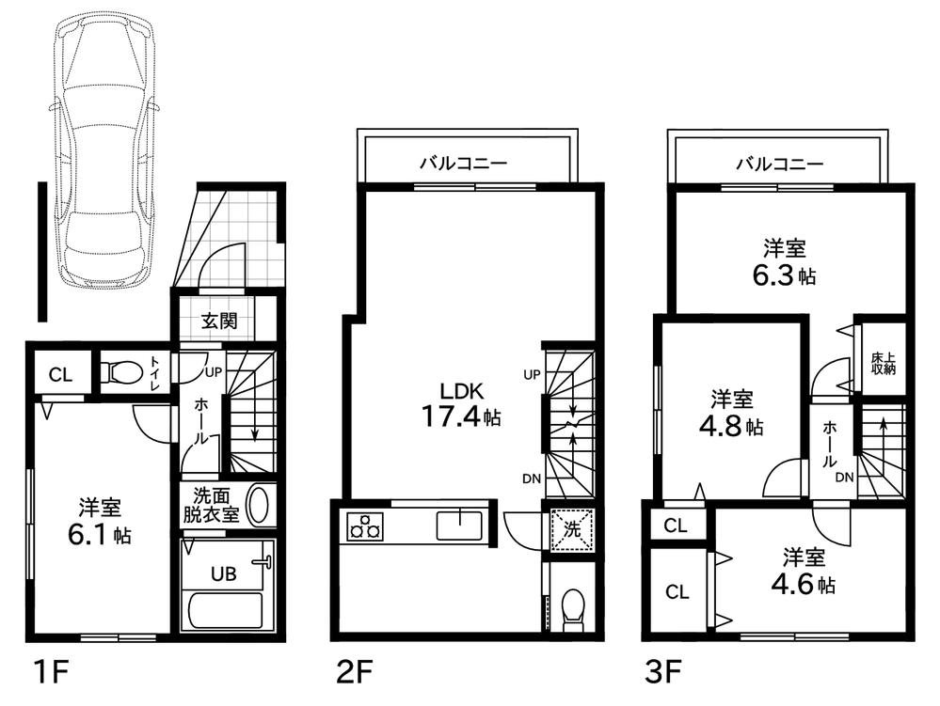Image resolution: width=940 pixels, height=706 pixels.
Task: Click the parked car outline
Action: [104, 149]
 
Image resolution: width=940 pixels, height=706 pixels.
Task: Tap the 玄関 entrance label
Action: [219, 321]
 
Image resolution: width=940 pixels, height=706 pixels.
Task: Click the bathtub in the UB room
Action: [226, 610]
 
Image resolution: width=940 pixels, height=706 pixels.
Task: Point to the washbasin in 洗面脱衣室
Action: [259, 507]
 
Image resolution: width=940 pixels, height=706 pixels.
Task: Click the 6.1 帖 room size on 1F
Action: [100, 535]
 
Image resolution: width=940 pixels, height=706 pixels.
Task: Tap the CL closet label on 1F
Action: [60, 375]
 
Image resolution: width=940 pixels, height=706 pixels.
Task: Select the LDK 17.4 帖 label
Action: [462, 404]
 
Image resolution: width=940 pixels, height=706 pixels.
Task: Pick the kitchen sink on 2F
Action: [459, 526]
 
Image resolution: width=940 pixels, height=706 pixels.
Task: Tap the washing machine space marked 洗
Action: [572, 528]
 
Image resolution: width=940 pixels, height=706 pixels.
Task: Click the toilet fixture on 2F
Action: [574, 609]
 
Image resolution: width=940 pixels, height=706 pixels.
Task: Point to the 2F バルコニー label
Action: [463, 163]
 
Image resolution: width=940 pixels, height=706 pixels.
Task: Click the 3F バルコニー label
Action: [780, 164]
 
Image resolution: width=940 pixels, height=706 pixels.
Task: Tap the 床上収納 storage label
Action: [883, 364]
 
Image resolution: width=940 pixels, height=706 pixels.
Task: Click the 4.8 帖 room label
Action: [731, 427]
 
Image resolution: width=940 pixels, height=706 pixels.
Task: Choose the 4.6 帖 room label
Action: [803, 584]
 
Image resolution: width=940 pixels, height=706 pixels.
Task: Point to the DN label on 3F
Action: [845, 478]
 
